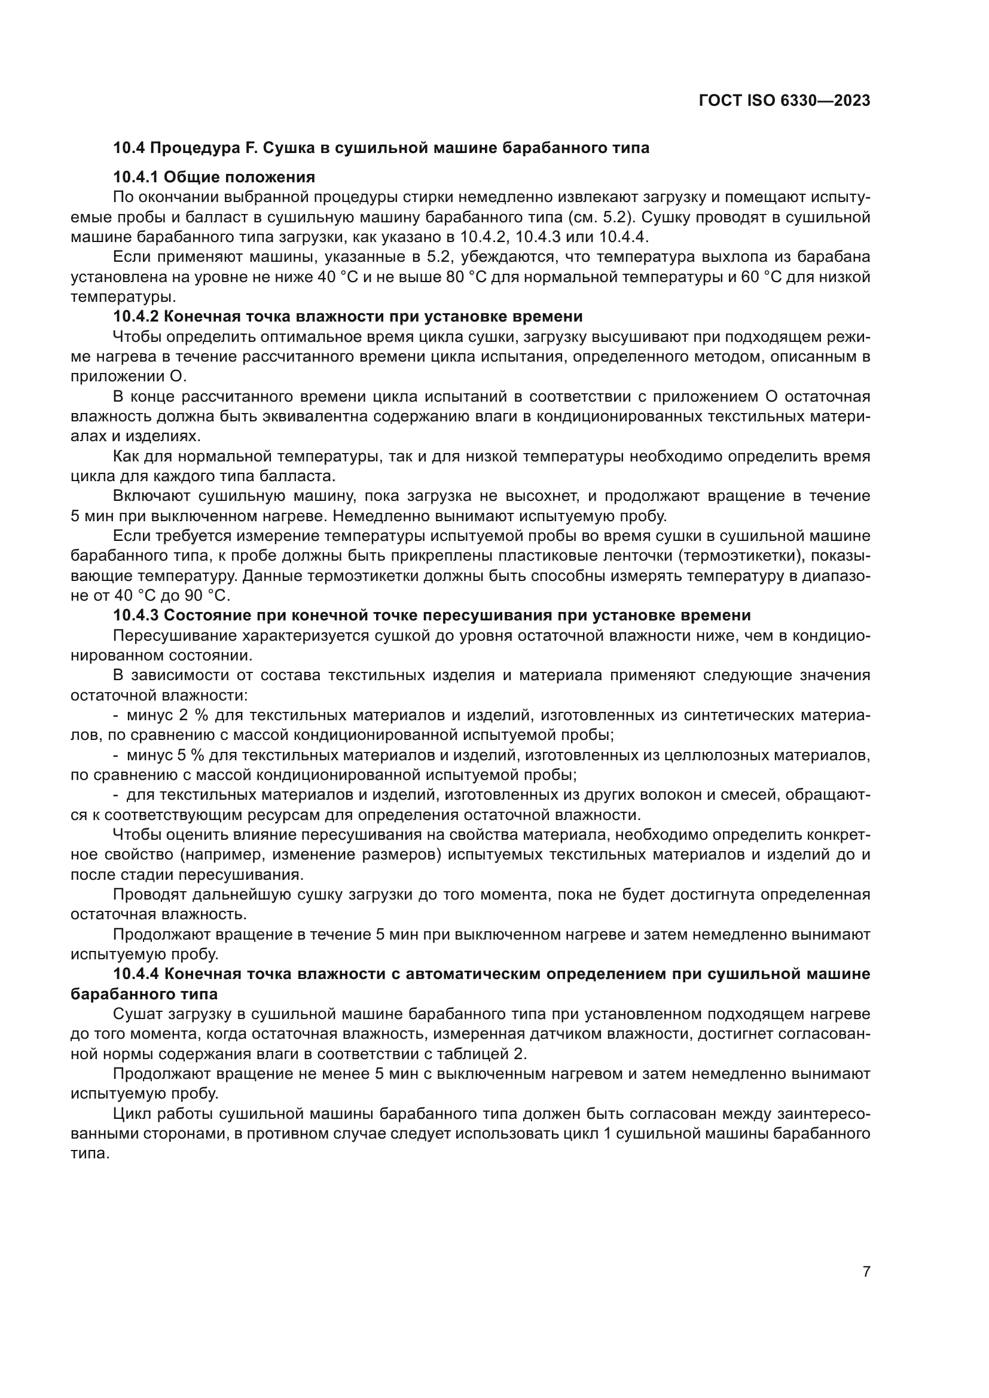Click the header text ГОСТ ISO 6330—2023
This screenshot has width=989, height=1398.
(785, 100)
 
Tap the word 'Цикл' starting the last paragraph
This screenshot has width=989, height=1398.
(131, 1113)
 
